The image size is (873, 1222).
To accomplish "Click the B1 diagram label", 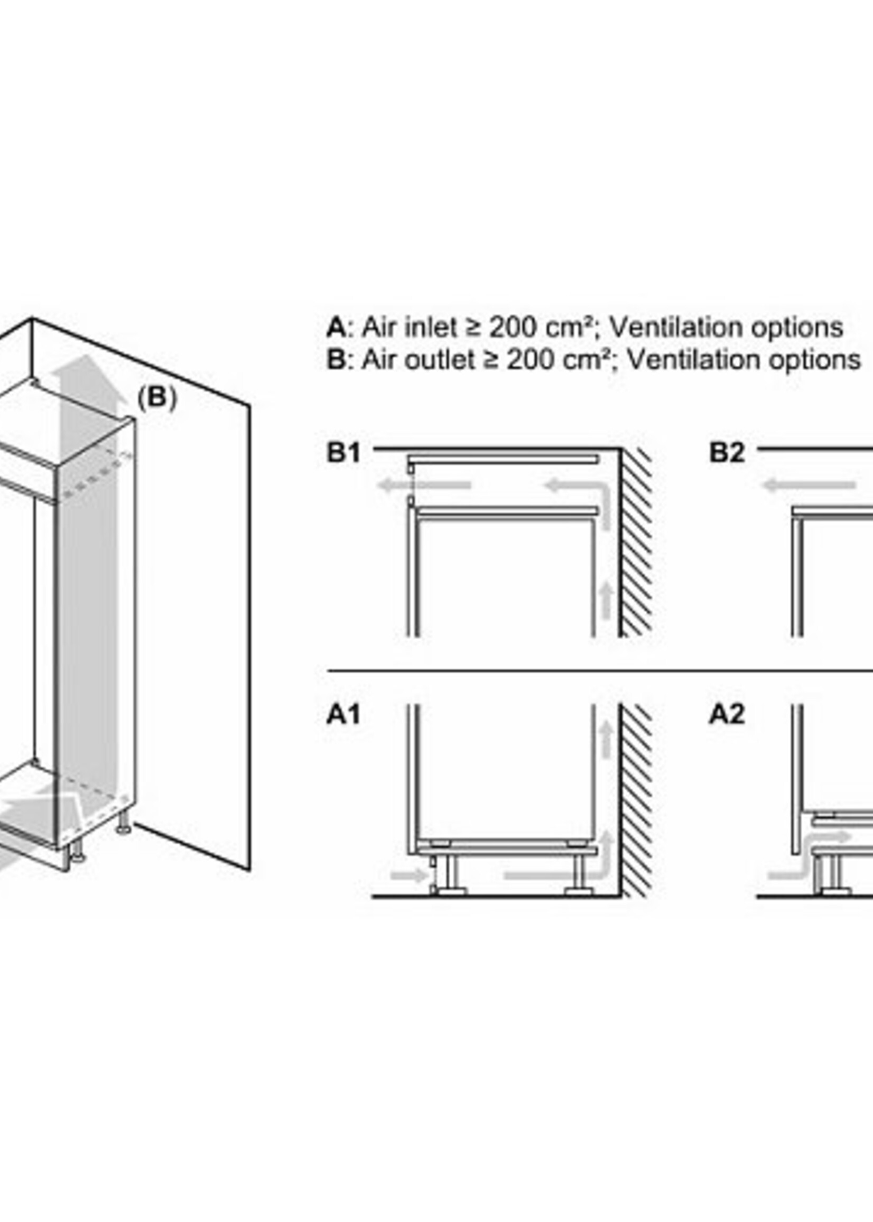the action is (x=343, y=453).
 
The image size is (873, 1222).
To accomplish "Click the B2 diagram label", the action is (x=727, y=453).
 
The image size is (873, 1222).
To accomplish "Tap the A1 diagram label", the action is (x=343, y=715).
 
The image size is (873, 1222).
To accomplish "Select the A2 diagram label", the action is (x=727, y=715).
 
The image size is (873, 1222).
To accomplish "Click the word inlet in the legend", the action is (x=432, y=327).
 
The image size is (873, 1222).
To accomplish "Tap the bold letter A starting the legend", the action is (x=336, y=327).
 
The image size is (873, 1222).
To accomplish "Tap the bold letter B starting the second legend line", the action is (x=336, y=359).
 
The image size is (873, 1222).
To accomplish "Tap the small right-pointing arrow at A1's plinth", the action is (x=410, y=875).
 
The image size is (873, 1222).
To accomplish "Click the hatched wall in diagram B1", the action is (x=635, y=543).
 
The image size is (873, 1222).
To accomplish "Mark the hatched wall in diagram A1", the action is (x=635, y=801).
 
